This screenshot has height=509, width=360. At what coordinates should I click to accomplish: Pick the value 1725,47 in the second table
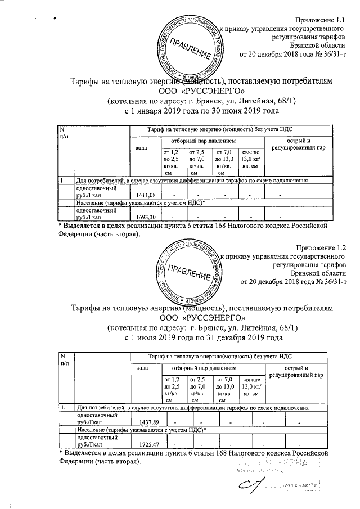coord(150,444)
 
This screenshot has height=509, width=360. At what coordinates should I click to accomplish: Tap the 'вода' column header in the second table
coord(143,368)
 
